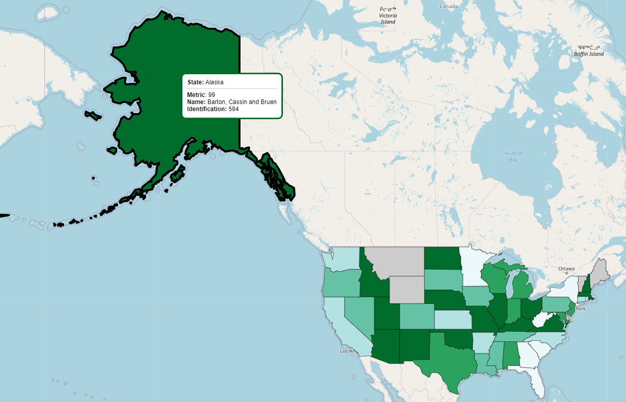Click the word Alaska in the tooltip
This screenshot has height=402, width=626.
pos(214,82)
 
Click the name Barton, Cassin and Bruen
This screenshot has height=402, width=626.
pos(242,102)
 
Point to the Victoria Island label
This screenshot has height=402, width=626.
pos(388,19)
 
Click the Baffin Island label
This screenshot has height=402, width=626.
pos(589,54)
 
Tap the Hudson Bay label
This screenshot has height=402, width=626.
pos(513,156)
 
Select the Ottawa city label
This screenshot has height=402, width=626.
pos(563,268)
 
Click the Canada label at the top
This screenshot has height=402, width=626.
pos(448,7)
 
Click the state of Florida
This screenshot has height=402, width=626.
pos(538,381)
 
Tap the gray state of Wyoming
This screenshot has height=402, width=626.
pos(407,289)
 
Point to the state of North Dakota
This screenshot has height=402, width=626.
pos(441,258)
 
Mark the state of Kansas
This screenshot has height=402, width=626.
pos(452,320)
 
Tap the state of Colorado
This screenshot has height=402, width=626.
pos(417,316)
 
